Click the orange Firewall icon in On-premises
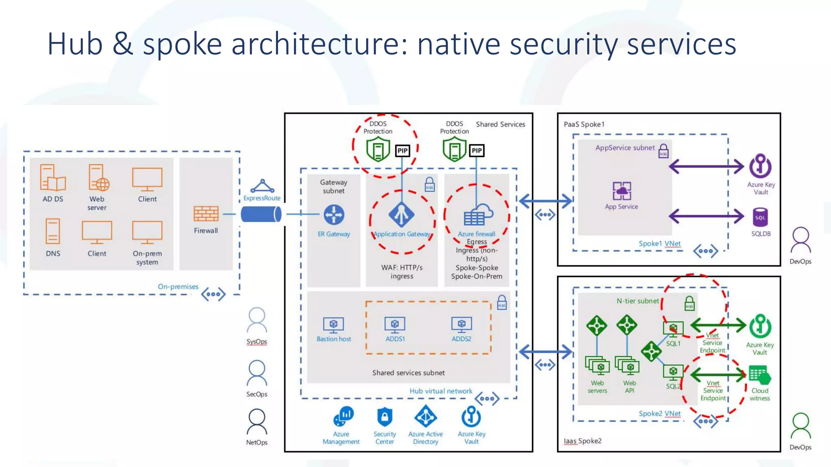tap(206, 214)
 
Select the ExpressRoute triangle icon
tap(262, 186)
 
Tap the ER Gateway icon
tap(334, 214)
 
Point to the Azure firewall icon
tap(478, 214)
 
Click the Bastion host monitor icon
tap(334, 325)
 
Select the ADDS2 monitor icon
tap(461, 325)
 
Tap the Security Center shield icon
tap(385, 417)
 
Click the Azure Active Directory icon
tap(425, 417)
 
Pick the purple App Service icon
tap(622, 191)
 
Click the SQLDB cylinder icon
tap(760, 218)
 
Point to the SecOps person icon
tap(257, 373)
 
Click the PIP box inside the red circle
tap(402, 151)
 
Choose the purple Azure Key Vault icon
tap(760, 166)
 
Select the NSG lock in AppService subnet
tap(663, 151)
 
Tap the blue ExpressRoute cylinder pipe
tap(261, 214)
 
